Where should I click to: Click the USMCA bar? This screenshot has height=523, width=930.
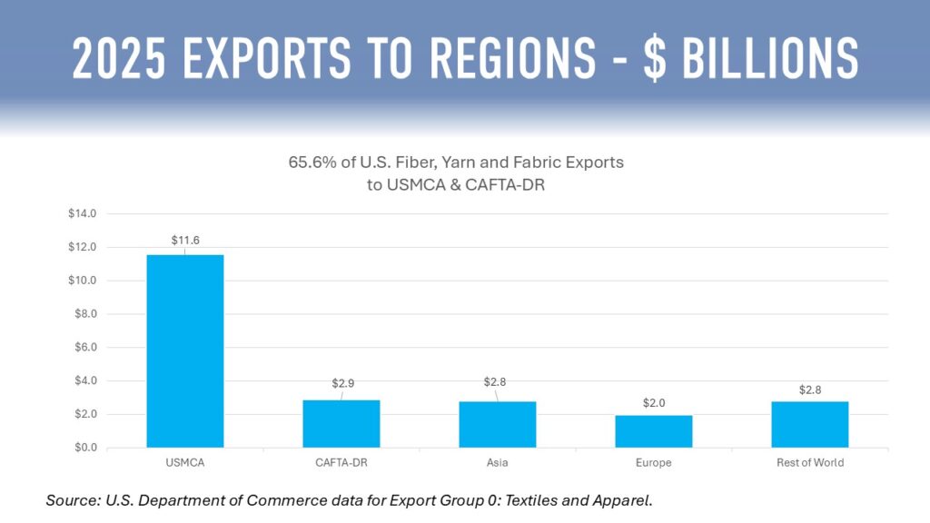185,350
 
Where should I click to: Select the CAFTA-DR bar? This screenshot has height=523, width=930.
341,423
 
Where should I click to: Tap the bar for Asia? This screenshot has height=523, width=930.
498,424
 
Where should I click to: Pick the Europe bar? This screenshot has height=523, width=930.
654,431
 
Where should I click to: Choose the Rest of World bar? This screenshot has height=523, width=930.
810,424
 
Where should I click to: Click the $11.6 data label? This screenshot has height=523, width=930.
185,241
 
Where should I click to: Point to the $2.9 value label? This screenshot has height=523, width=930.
341,384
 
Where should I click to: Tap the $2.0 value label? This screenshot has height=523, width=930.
654,400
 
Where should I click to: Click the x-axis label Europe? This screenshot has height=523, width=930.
654,463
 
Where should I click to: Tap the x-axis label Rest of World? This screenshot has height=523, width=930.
810,463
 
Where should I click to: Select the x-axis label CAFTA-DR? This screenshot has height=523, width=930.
341,463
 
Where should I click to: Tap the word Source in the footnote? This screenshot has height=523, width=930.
70,500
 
